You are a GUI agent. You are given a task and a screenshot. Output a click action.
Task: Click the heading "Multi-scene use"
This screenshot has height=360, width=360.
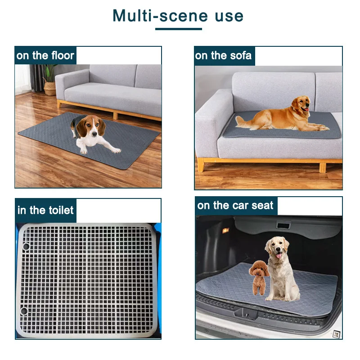pyautogui.click(x=178, y=16)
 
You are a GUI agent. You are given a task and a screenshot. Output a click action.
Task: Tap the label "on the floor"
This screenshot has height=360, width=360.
pyautogui.click(x=45, y=56)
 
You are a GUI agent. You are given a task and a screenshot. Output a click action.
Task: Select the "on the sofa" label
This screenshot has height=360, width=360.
pyautogui.click(x=224, y=56)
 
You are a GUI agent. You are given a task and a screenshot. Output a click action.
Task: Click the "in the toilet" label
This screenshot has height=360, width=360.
pyautogui.click(x=45, y=210)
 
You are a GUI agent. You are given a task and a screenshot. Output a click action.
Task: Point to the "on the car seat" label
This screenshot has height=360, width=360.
pyautogui.click(x=235, y=206)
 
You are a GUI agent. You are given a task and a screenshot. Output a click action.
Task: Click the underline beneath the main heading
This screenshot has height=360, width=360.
pyautogui.click(x=178, y=29)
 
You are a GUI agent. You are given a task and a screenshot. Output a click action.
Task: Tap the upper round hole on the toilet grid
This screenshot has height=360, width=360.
pyautogui.click(x=25, y=247)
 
